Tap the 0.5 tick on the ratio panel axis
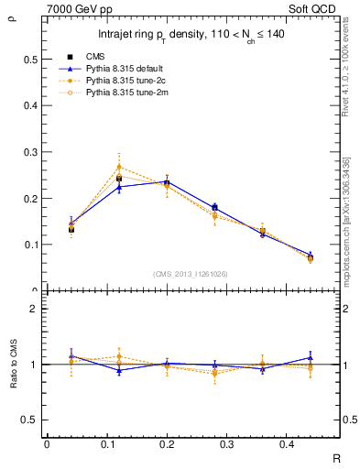tap(31, 420)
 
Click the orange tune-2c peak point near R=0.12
tap(119, 167)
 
